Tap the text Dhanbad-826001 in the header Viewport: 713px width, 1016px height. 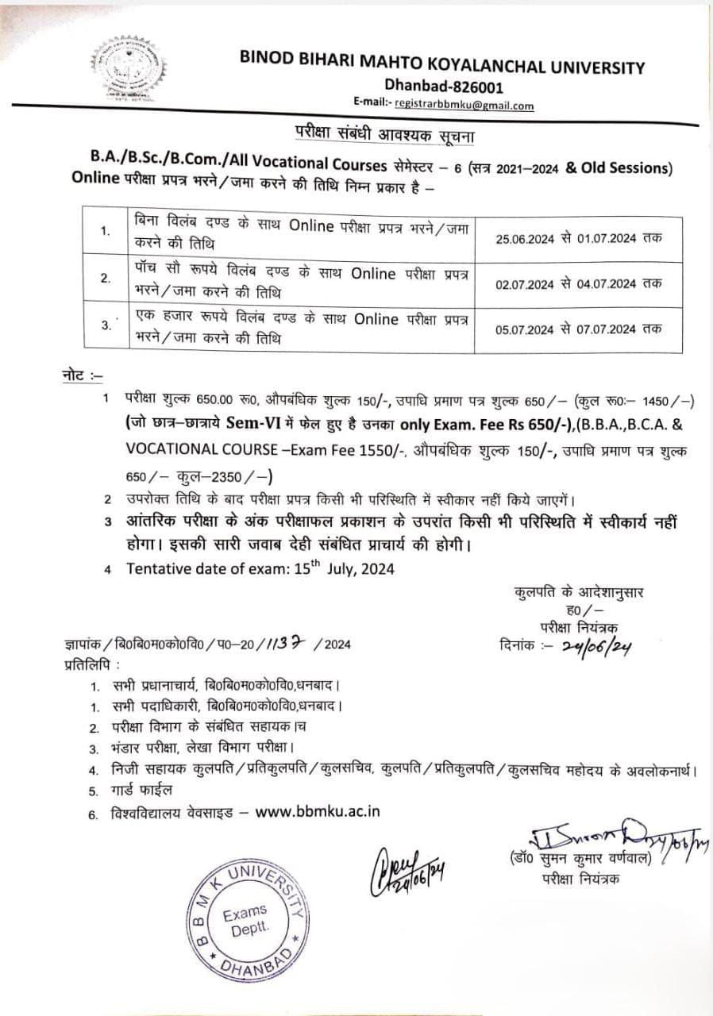coord(443,87)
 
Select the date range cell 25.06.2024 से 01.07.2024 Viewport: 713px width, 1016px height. coord(577,237)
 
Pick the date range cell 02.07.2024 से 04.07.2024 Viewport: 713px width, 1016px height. coord(577,283)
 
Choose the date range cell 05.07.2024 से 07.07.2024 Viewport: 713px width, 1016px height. coord(577,329)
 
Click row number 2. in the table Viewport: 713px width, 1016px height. coord(106,279)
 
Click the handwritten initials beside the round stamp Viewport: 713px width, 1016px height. coord(406,871)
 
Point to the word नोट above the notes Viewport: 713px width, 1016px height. coord(77,372)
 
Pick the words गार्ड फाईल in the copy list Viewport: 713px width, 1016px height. coord(141,791)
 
